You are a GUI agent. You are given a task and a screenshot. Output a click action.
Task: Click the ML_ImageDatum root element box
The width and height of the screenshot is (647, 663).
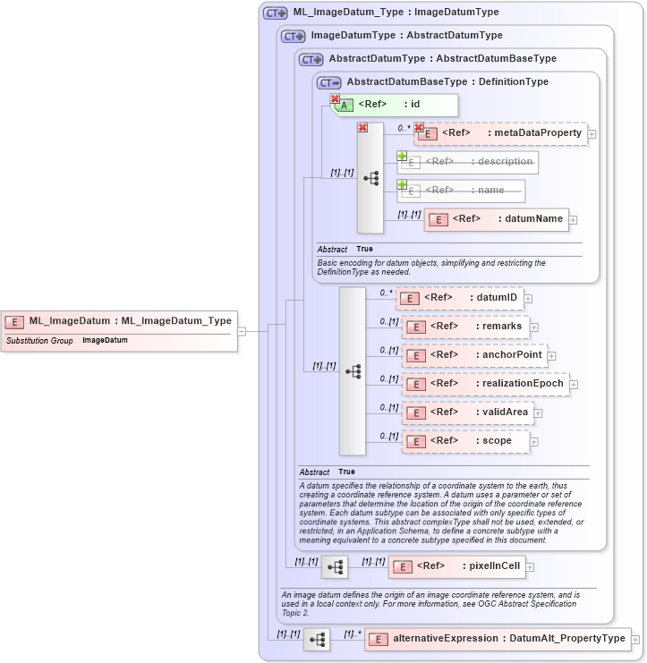tap(121, 321)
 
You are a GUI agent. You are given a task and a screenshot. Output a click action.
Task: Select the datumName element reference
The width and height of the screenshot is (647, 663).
tap(497, 219)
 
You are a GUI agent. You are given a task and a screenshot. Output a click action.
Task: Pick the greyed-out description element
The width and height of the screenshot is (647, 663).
tap(468, 162)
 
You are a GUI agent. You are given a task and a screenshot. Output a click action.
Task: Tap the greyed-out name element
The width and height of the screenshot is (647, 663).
tap(461, 191)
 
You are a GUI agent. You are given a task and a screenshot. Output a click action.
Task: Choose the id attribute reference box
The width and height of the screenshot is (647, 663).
tap(395, 105)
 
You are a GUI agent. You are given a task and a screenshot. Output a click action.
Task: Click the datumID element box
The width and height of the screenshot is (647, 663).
tap(459, 298)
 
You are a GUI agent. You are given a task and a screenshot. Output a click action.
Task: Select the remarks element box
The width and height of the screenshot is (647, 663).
tap(465, 327)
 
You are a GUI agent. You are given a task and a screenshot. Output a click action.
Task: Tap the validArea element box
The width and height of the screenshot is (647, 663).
tap(468, 412)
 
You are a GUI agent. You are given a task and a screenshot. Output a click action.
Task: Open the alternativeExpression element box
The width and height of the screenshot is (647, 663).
tap(497, 639)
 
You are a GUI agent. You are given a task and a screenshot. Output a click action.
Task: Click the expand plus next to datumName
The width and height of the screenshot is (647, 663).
tap(574, 220)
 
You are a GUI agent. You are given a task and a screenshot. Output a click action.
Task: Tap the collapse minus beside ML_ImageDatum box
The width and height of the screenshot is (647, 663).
tap(242, 330)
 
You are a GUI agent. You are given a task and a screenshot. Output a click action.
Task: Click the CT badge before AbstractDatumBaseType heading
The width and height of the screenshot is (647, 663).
tap(329, 82)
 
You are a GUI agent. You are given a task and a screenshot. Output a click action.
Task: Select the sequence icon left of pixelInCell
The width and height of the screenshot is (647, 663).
tap(335, 567)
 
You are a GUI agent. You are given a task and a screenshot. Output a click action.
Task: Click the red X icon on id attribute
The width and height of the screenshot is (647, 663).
tap(335, 99)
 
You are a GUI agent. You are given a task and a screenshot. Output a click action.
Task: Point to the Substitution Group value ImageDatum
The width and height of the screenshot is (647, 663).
tap(105, 341)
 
